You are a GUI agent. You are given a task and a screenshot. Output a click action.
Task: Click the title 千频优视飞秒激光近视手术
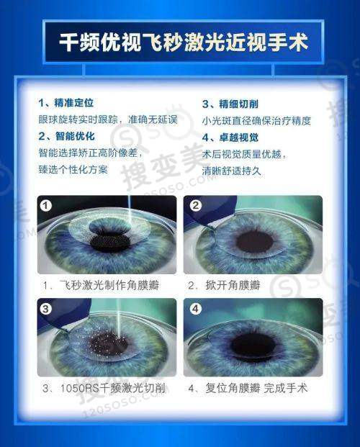(184, 42)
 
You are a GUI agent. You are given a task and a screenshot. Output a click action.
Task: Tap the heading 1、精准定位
(66, 103)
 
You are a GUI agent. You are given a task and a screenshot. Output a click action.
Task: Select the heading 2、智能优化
(66, 136)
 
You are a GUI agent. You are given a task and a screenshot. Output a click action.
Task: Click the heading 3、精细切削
(230, 104)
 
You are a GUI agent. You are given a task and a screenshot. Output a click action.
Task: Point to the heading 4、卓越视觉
(230, 137)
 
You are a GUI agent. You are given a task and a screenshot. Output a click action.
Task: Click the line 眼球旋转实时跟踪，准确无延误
(108, 119)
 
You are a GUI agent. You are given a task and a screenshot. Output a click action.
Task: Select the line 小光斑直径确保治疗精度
(256, 121)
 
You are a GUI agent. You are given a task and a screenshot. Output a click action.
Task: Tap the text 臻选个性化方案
(73, 170)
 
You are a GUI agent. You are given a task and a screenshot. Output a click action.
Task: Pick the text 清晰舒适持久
(232, 171)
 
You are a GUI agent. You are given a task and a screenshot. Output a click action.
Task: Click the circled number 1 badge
(46, 205)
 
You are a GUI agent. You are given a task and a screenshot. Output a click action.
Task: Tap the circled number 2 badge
(196, 205)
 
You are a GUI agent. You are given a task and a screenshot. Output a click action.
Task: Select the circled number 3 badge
(46, 309)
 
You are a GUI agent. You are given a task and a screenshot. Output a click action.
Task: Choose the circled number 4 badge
(196, 309)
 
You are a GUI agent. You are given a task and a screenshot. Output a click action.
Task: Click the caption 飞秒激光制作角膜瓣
(109, 285)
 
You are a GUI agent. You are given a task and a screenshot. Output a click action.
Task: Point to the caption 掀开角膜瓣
(233, 285)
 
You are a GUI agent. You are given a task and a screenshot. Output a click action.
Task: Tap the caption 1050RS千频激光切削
(112, 388)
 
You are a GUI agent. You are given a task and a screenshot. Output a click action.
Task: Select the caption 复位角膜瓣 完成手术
(257, 388)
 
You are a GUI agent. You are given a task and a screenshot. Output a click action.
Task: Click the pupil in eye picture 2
(254, 243)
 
